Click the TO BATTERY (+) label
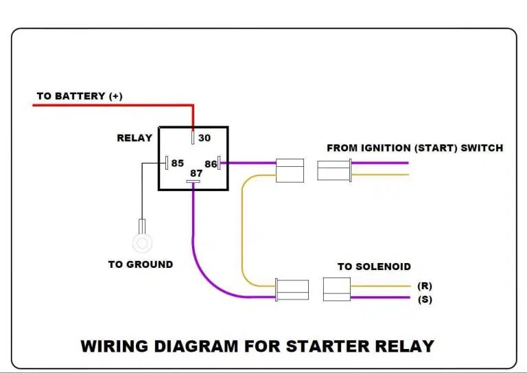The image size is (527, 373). (79, 96)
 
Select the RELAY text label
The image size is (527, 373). (134, 138)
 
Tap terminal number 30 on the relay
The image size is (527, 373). (204, 138)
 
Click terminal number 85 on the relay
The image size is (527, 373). (178, 163)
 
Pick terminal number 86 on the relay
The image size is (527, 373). (210, 164)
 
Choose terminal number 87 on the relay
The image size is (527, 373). (196, 174)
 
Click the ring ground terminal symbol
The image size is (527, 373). (141, 242)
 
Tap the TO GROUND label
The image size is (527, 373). (141, 264)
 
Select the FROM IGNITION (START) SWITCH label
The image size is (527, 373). (414, 148)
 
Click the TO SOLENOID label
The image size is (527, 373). (374, 267)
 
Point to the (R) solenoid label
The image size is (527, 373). (425, 286)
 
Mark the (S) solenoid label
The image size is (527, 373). (425, 299)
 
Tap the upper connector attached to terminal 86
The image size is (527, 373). (289, 170)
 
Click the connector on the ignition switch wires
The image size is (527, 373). (334, 170)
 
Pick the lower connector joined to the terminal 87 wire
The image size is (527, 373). (292, 291)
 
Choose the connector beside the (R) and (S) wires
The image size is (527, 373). (337, 290)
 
